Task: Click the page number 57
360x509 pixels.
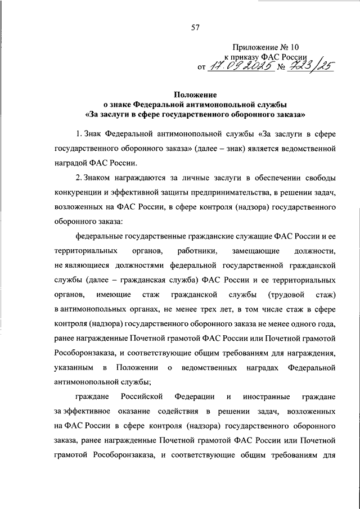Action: point(195,28)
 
